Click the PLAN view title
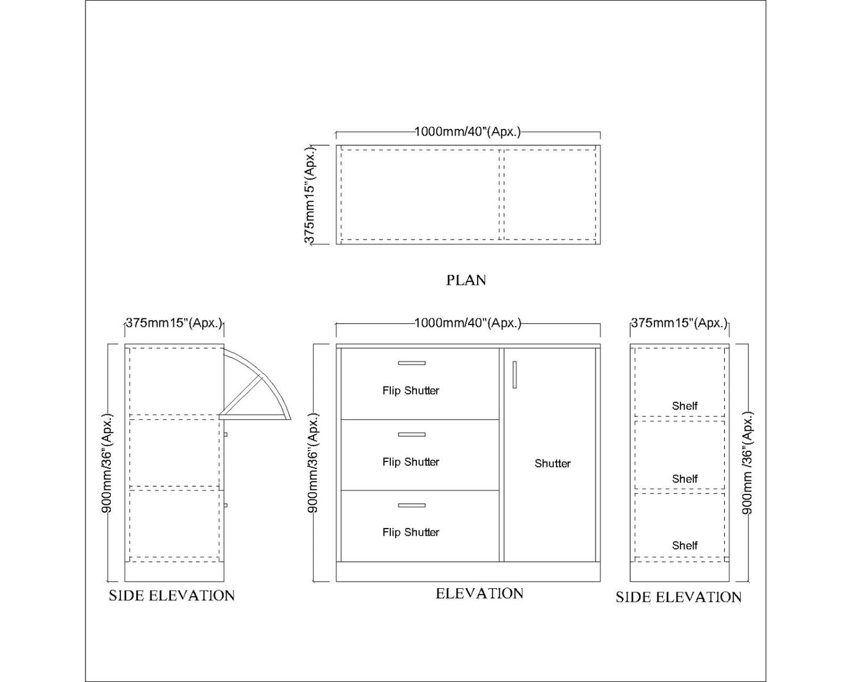tap(466, 280)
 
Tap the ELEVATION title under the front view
tap(479, 594)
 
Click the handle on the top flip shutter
tap(412, 363)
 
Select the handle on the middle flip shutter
tap(412, 434)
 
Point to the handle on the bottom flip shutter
tap(412, 505)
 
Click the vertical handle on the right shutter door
tap(514, 375)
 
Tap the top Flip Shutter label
tap(410, 391)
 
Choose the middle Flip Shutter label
tap(410, 462)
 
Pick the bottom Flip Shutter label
tap(410, 532)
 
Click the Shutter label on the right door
tap(552, 464)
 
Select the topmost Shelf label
tap(685, 406)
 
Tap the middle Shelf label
tap(685, 478)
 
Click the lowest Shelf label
tap(685, 545)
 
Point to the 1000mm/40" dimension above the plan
tap(468, 132)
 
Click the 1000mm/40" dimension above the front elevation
tap(468, 323)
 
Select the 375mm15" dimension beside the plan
tap(310, 194)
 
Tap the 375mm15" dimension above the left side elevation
tap(174, 323)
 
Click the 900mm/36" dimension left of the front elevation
tap(313, 463)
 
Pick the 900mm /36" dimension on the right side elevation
tap(747, 463)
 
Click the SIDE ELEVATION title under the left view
tap(172, 596)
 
